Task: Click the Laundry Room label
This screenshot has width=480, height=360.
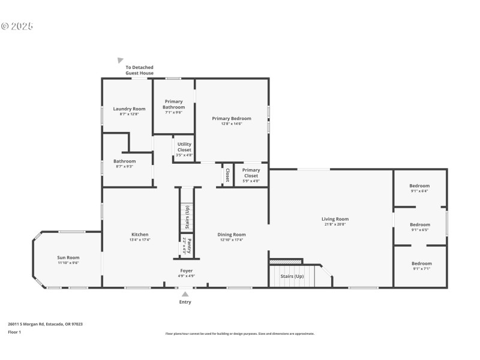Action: [x=130, y=109]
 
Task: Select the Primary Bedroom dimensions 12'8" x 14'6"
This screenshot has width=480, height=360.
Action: [x=232, y=124]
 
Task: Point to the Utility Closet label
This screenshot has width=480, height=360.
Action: [x=184, y=147]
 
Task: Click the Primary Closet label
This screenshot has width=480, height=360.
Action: [x=251, y=173]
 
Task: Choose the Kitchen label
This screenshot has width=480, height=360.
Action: [x=140, y=235]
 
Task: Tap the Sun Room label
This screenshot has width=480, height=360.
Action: [x=68, y=257]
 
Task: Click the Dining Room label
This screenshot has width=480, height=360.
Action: [x=233, y=235]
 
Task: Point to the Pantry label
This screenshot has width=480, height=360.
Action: [x=188, y=247]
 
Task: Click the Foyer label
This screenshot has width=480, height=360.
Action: [x=186, y=271]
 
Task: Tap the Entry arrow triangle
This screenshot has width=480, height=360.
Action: [x=185, y=294]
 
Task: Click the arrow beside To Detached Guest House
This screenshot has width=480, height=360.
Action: [x=121, y=61]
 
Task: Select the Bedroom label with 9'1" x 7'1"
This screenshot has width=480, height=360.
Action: [x=421, y=263]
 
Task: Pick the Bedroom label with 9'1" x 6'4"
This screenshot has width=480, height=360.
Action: [x=420, y=186]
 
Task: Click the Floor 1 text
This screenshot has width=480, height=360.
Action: [x=14, y=332]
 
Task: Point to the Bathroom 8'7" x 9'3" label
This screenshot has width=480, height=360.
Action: [x=125, y=161]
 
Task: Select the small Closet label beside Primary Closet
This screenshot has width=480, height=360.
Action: [x=227, y=175]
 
